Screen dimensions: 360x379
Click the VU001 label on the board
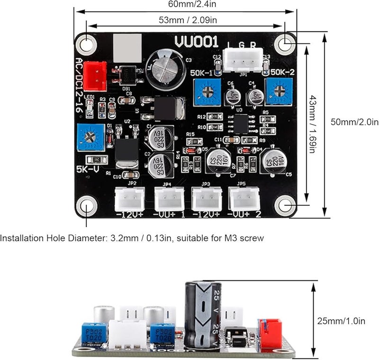[x=196, y=42]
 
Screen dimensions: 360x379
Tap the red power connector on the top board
[x=98, y=75]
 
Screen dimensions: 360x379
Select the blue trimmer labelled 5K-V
[x=90, y=138]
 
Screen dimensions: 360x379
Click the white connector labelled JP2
[x=129, y=199]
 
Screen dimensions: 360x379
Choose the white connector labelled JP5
[x=244, y=199]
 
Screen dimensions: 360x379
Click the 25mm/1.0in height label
[x=341, y=321]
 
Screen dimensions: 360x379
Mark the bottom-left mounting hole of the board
[x=87, y=206]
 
